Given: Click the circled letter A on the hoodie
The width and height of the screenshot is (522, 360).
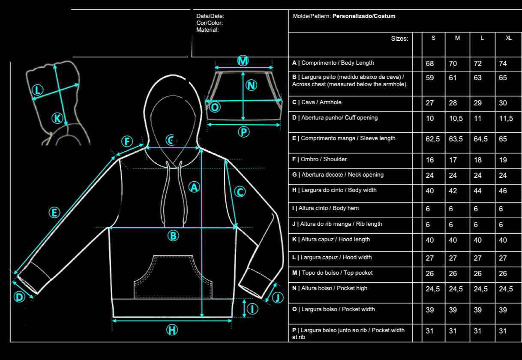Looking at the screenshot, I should [195, 187].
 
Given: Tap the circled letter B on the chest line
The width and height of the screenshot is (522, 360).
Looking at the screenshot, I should [173, 235].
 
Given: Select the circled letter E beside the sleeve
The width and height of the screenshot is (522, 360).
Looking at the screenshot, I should [54, 212].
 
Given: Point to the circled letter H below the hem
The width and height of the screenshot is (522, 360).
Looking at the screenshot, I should [172, 330].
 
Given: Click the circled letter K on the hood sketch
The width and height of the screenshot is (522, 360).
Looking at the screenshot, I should [57, 118].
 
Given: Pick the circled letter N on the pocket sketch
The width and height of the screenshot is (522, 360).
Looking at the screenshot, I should [252, 85].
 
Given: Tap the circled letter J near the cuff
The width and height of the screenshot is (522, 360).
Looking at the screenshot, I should [279, 297].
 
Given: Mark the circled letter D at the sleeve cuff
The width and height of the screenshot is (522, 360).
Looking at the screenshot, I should [19, 297].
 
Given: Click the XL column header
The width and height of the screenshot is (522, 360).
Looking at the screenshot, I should [508, 38].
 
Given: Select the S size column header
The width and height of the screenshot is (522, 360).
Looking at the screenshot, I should [433, 38].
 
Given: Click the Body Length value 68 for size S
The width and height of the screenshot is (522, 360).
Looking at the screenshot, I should [430, 64].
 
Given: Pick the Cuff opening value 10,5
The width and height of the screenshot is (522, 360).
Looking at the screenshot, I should [456, 119].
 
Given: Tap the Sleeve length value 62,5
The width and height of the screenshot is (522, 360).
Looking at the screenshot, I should [432, 139].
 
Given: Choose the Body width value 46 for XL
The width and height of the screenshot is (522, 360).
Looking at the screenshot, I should [503, 191].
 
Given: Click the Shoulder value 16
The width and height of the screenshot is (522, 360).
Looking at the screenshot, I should [430, 160].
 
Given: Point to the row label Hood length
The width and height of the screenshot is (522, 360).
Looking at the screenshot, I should [331, 240].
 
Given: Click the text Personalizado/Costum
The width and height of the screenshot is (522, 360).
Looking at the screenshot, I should [364, 16].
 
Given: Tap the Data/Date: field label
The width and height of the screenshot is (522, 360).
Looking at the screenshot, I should [210, 16].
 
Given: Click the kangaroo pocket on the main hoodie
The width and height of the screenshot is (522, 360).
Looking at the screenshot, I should [174, 276].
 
